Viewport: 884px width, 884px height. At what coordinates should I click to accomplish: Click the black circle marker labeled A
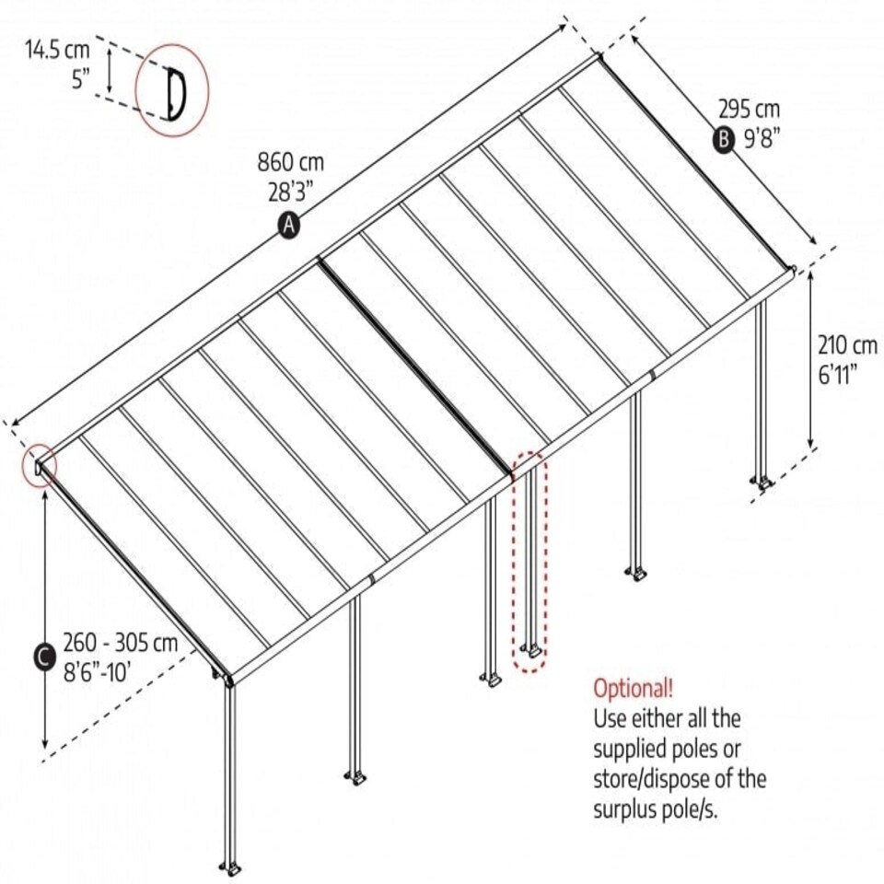tap(288, 226)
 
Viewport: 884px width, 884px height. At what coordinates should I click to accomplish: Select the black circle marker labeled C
tap(44, 657)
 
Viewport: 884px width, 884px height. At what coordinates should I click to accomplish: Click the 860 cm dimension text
tap(291, 162)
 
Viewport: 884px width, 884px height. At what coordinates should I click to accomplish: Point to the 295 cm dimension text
tap(749, 109)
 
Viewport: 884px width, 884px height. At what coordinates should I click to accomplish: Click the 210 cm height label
tap(847, 345)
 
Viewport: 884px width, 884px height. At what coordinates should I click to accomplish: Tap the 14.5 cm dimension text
tap(57, 50)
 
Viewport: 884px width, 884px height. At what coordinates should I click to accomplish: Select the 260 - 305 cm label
tap(120, 643)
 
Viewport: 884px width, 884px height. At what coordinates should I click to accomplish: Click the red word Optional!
tap(633, 689)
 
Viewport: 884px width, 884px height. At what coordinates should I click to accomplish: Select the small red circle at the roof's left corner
tap(40, 466)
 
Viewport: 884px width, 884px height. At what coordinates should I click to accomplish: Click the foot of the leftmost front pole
tap(231, 867)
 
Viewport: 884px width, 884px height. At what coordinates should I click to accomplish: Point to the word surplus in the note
tap(626, 810)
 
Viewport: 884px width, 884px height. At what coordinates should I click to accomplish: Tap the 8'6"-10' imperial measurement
tap(97, 672)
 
